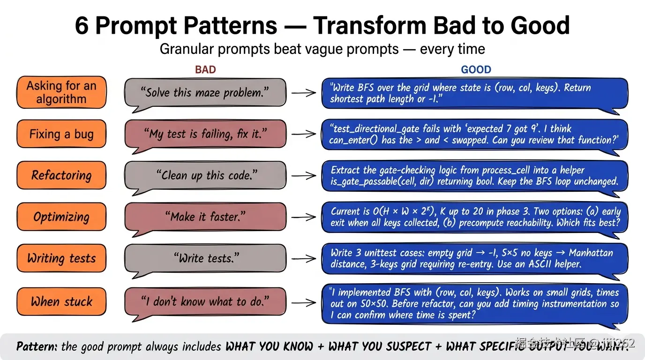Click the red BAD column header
click(x=205, y=69)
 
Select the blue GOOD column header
click(x=476, y=69)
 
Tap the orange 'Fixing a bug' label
click(x=61, y=134)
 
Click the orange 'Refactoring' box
click(x=61, y=175)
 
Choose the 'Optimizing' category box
click(x=61, y=217)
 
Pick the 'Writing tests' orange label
click(x=61, y=258)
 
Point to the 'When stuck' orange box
click(x=61, y=301)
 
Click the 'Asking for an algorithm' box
click(x=61, y=92)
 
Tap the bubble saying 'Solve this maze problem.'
click(x=205, y=93)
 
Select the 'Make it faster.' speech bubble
click(x=205, y=217)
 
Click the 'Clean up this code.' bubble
click(x=205, y=176)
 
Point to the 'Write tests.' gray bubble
click(x=205, y=259)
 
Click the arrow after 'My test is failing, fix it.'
click(x=304, y=134)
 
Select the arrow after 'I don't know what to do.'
click(x=304, y=303)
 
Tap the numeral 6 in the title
click(x=82, y=26)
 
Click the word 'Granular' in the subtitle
click(x=186, y=49)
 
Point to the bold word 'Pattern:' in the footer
click(x=37, y=346)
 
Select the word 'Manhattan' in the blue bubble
click(x=591, y=253)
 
